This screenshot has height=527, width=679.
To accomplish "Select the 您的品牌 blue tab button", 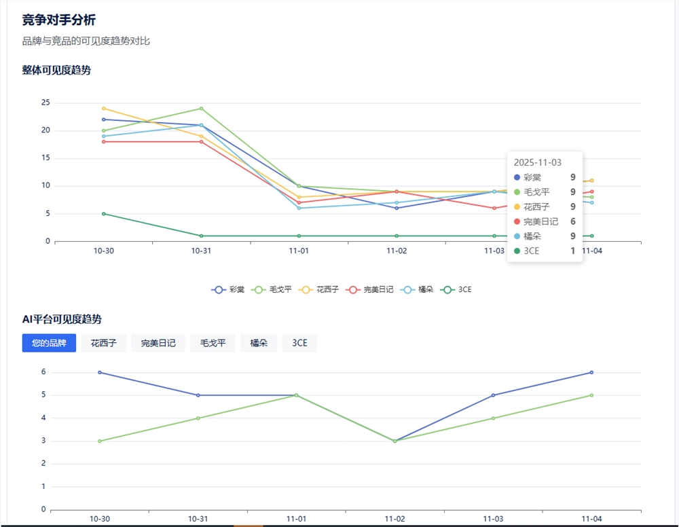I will (49, 343).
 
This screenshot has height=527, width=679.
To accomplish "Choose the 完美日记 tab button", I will (158, 343).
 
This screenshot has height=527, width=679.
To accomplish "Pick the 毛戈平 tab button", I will (213, 343).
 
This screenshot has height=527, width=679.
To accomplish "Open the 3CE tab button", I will (299, 343).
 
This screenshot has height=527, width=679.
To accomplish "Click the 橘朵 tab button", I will (259, 343).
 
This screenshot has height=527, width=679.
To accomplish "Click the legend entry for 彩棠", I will (228, 289).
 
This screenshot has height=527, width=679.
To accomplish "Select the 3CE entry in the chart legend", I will (456, 289).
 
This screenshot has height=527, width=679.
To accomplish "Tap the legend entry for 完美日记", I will (370, 289).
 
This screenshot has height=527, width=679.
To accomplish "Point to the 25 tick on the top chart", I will (45, 103).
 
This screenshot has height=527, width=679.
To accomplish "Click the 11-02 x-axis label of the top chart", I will (397, 251).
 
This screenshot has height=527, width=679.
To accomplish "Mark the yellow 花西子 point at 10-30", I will (103, 108).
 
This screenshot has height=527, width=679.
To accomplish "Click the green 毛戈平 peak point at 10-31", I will (201, 108).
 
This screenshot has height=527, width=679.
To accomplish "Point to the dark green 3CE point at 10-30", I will (103, 213).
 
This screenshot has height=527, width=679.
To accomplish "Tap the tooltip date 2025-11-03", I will (537, 162).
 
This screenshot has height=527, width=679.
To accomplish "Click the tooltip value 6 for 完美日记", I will (572, 221).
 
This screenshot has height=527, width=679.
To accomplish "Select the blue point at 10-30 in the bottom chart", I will (100, 372).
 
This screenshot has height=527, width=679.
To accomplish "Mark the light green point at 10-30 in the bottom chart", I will (100, 441).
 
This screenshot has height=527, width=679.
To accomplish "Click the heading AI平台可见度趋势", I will (62, 319).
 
